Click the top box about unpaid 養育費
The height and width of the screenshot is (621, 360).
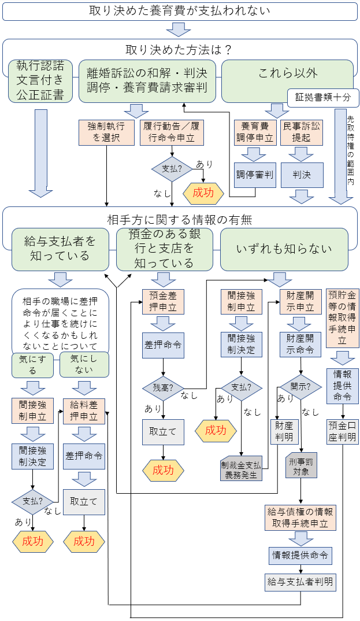coord(179,11)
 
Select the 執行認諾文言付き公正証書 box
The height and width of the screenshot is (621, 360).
coord(40,80)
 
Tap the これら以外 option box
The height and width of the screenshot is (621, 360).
coord(287,73)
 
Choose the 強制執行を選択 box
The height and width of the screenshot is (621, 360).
coord(107,132)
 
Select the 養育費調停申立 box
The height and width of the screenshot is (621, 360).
coord(255,132)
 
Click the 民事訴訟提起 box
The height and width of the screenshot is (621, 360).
coord(302,132)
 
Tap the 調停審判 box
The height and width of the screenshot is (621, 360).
coord(255,175)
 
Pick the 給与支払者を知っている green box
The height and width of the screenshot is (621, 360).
coord(60,248)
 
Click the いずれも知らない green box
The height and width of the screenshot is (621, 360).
coord(284,249)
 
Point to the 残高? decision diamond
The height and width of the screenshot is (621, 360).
coord(164,387)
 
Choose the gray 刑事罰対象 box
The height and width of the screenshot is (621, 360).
coord(301,466)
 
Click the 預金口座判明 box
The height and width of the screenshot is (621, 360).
coord(343,432)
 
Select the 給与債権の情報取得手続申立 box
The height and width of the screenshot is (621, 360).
coord(300,518)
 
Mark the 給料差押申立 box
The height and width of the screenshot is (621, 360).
coord(84,409)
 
